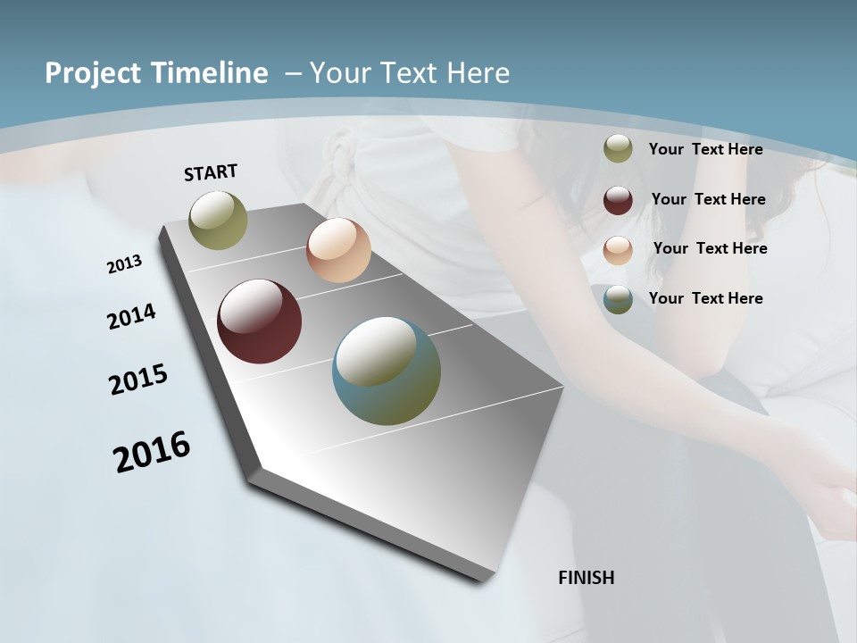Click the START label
(211, 172)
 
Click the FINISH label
(586, 578)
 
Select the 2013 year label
(124, 264)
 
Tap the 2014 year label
(131, 317)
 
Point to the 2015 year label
(137, 380)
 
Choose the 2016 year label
(152, 452)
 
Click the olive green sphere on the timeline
(219, 220)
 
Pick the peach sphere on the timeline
(338, 250)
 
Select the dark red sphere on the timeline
(260, 321)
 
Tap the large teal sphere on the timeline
(387, 371)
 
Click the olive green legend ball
(618, 149)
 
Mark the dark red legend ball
(618, 200)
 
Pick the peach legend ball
(618, 250)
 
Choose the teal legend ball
(618, 299)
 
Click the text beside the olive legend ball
(705, 149)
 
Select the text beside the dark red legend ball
(708, 199)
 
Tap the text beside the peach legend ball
(710, 248)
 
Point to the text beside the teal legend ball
(705, 298)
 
